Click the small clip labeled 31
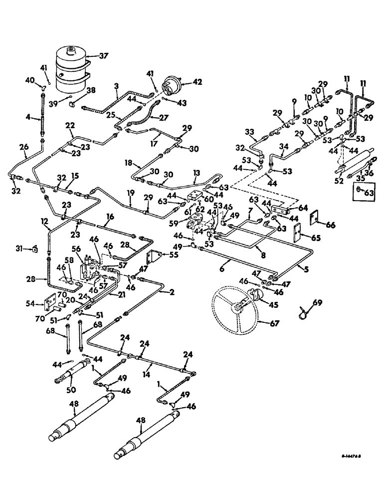tap(35, 248)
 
